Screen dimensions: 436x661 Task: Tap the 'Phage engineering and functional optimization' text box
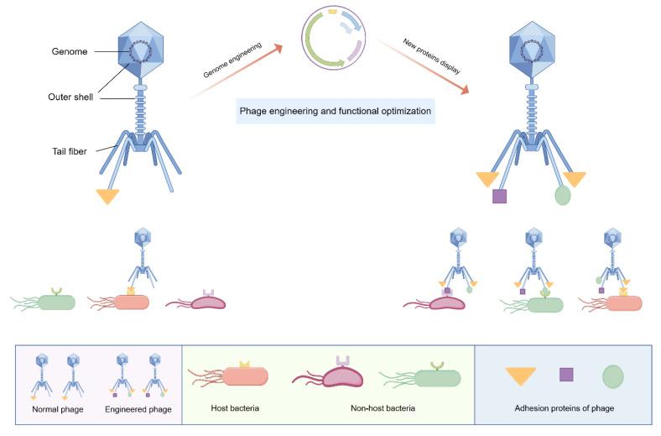(336, 111)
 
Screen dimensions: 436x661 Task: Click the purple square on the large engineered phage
(499, 197)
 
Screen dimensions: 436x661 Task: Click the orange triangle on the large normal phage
(107, 196)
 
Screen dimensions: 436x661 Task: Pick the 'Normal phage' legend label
(56, 409)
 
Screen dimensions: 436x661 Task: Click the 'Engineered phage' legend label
(138, 409)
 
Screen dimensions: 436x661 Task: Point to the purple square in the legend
(566, 374)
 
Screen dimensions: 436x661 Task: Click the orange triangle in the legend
(520, 376)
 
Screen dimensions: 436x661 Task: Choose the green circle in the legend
(613, 375)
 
